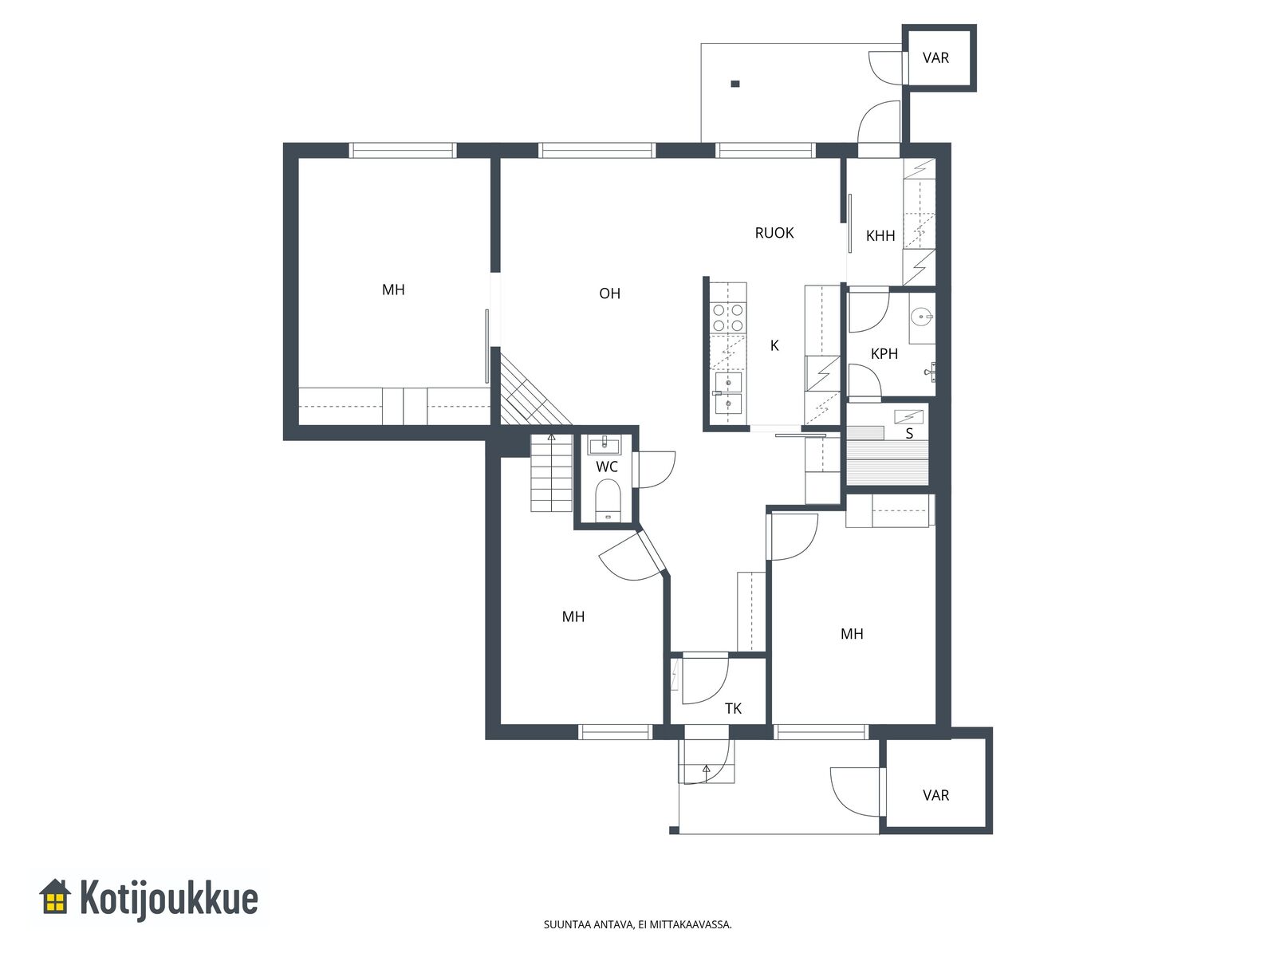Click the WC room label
(606, 467)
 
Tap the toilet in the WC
(608, 498)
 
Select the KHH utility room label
(880, 235)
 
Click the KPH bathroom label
(884, 353)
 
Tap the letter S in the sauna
(909, 434)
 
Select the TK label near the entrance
(733, 708)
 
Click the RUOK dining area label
(774, 233)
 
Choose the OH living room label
(609, 293)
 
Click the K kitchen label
(774, 346)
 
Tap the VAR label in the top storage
(935, 57)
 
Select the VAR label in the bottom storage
(935, 795)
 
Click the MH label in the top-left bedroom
(393, 289)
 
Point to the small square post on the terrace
(734, 84)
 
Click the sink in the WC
(605, 447)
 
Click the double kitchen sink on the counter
(728, 393)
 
